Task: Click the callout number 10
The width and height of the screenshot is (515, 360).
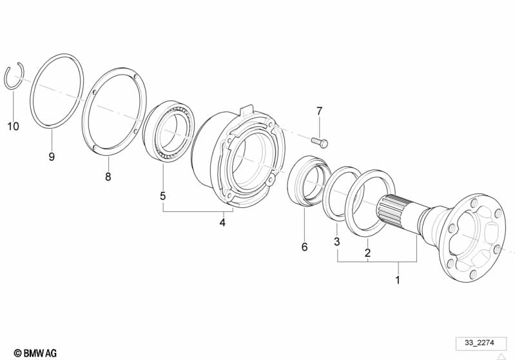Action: click(13, 126)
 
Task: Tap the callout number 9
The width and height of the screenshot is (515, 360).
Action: click(52, 156)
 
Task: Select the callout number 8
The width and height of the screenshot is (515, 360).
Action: click(108, 176)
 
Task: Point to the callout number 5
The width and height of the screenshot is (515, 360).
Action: click(163, 196)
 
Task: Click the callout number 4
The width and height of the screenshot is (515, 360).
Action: click(222, 222)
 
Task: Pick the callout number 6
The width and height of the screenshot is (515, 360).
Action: click(304, 247)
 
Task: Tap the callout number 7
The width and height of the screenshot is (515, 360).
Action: click(319, 111)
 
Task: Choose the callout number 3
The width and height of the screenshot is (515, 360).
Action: click(336, 242)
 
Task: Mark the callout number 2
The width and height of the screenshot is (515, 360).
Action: click(367, 252)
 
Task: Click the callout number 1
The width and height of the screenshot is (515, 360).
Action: click(398, 280)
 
